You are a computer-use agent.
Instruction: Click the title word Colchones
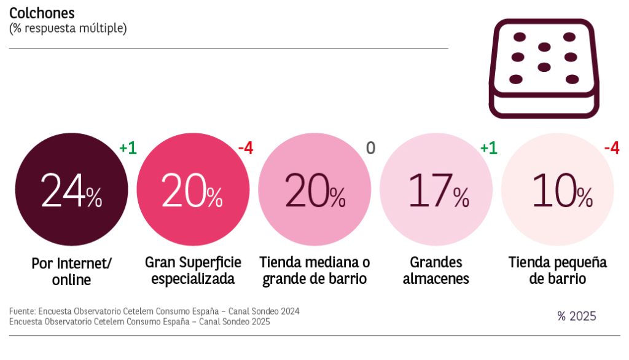click(x=41, y=12)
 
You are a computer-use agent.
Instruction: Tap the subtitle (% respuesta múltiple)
click(x=68, y=28)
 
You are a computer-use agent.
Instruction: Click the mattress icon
click(x=544, y=68)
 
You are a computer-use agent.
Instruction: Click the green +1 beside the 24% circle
click(x=128, y=148)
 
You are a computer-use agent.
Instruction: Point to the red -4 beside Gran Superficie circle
click(x=245, y=148)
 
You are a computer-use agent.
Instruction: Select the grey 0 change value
click(x=370, y=148)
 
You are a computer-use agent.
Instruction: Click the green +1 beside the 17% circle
click(x=488, y=148)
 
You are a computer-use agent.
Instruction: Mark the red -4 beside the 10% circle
click(x=611, y=148)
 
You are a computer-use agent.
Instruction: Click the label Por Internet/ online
click(x=71, y=272)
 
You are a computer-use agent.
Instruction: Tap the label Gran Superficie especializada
click(x=193, y=270)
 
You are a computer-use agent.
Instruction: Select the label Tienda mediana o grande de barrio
click(x=314, y=270)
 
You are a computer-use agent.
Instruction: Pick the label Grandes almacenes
click(x=436, y=270)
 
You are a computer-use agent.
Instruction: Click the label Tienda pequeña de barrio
click(x=558, y=270)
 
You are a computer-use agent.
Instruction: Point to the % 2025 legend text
click(x=576, y=316)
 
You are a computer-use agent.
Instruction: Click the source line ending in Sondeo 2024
click(x=154, y=311)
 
